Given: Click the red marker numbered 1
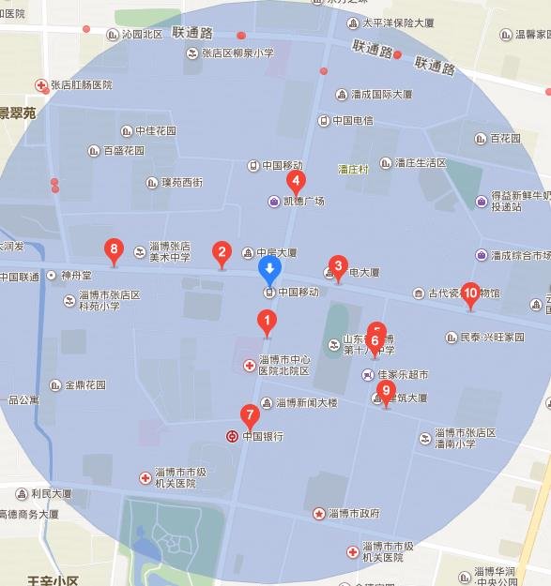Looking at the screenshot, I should pyautogui.click(x=268, y=323).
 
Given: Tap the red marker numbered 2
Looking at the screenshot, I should pyautogui.click(x=222, y=252).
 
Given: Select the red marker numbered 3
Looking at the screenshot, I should pyautogui.click(x=338, y=266).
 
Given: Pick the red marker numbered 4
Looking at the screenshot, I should pyautogui.click(x=296, y=182).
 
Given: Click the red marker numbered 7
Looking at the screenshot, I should pyautogui.click(x=250, y=414).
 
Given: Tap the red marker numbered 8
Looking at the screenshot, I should pyautogui.click(x=115, y=249).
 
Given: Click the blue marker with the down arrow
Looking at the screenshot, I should pyautogui.click(x=269, y=271).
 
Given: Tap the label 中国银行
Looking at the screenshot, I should pyautogui.click(x=262, y=436).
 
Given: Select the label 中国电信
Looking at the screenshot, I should pyautogui.click(x=352, y=120).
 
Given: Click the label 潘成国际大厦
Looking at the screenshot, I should pyautogui.click(x=380, y=95).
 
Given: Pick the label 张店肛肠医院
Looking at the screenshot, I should pyautogui.click(x=81, y=84).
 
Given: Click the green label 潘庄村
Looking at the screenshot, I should pyautogui.click(x=354, y=169).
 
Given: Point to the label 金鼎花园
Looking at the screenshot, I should pyautogui.click(x=84, y=384).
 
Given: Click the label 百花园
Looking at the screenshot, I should pyautogui.click(x=504, y=138).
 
